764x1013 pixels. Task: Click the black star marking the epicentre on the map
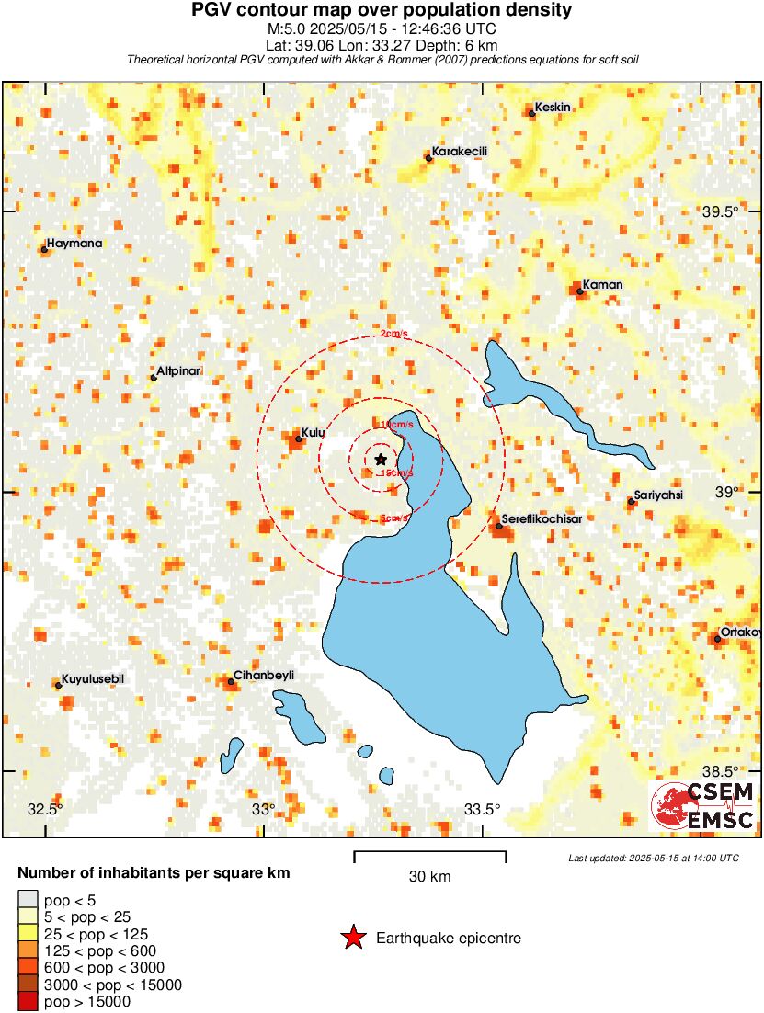381,459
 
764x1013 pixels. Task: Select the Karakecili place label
460,152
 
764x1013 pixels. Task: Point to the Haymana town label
74,244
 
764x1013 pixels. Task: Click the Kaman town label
603,285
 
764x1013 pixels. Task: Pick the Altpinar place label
179,371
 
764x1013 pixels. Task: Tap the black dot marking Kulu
298,439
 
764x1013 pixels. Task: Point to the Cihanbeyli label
264,676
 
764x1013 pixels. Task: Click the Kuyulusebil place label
92,678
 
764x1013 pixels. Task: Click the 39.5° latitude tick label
720,211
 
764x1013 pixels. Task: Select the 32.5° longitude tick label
44,810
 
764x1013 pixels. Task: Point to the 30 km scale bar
429,858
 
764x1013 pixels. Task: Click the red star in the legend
353,938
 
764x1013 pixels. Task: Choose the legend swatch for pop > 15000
28,1001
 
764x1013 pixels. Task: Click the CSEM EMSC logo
703,806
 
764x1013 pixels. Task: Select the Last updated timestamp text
653,858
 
